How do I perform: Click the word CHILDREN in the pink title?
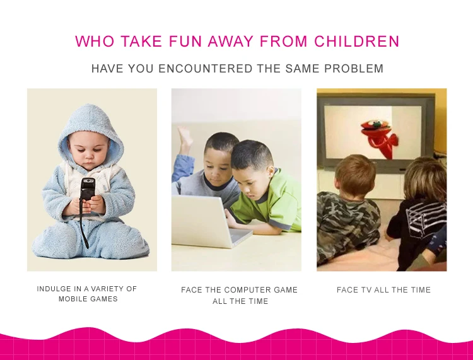click(357, 42)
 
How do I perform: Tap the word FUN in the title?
click(185, 42)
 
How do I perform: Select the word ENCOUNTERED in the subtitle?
click(206, 69)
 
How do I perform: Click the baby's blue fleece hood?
click(90, 127)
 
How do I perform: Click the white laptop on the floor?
click(208, 221)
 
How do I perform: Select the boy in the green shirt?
click(263, 187)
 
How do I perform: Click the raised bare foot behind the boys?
click(185, 139)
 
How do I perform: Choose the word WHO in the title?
click(95, 42)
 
